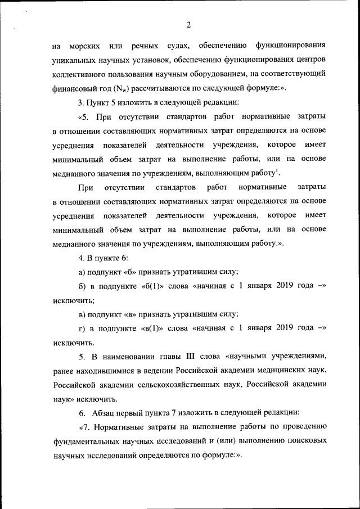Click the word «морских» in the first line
pyautogui.click(x=85, y=44)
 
